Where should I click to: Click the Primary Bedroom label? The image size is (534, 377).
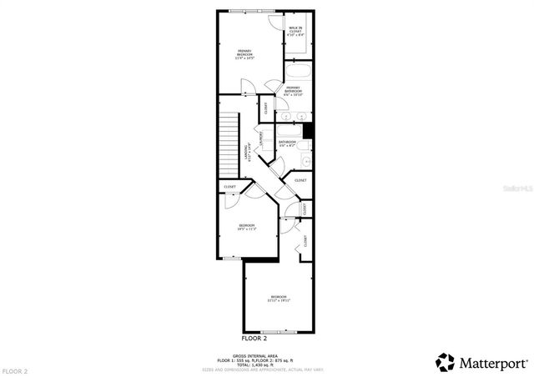point(244,54)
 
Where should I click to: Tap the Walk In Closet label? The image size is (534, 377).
point(295,34)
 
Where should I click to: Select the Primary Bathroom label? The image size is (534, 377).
point(294,92)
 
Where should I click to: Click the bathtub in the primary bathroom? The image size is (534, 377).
point(298,77)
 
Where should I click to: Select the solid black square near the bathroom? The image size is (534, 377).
point(308,131)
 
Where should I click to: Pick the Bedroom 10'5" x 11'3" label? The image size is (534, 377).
point(246,226)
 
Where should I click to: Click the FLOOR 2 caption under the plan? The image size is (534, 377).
point(254,339)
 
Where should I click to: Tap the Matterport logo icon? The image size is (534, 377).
point(446,362)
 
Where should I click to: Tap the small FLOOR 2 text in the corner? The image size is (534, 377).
point(15,369)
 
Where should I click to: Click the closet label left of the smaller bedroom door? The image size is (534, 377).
point(229,186)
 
